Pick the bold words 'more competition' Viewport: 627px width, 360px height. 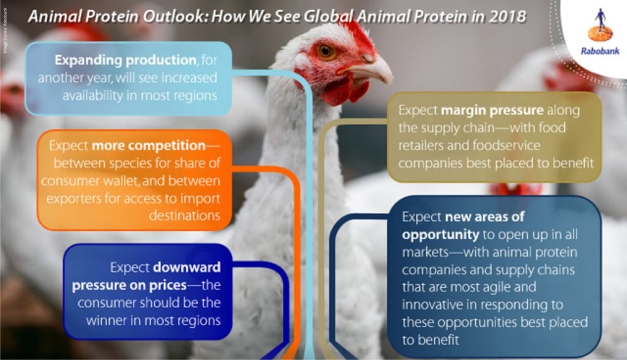point(148,146)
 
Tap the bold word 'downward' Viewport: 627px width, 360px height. point(187,268)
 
